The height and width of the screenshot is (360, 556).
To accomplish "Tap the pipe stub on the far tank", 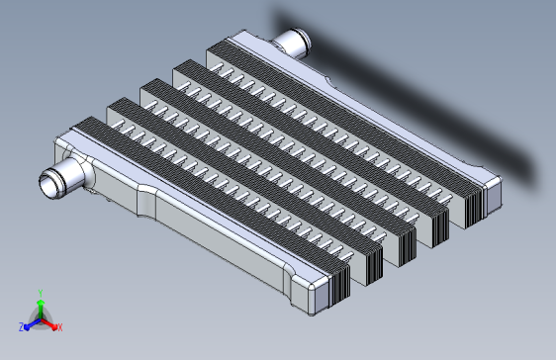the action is [x=293, y=43].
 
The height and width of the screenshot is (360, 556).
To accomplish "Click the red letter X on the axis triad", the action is [x=60, y=327].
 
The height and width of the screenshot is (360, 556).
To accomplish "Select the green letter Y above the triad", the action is [x=41, y=293].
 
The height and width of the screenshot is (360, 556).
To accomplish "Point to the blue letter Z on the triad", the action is [x=22, y=326].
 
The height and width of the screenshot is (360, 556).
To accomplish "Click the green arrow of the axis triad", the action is [x=41, y=310].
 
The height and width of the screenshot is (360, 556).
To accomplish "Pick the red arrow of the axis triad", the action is [x=48, y=324].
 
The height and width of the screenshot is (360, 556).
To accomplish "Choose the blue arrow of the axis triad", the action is [x=33, y=324].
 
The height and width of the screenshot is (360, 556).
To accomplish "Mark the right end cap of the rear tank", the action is [x=494, y=194].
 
